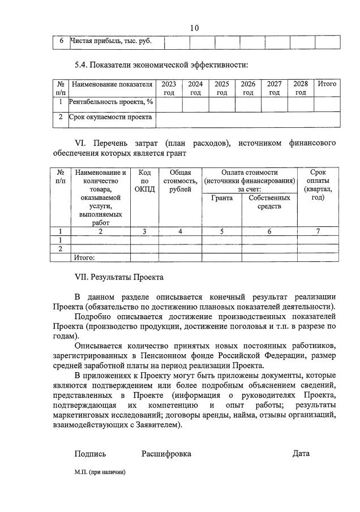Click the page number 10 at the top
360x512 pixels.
[x=195, y=28]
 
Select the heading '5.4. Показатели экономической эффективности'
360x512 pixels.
[x=161, y=65]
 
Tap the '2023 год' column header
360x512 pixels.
[x=169, y=88]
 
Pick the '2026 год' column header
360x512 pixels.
[x=248, y=88]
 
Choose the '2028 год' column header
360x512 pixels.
[x=301, y=88]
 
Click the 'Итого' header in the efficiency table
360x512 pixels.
[x=327, y=84]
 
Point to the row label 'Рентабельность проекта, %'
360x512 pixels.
[x=111, y=102]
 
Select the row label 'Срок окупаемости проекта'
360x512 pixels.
[x=110, y=118]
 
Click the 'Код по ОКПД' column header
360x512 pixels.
[x=144, y=181]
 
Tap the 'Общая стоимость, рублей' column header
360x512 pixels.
[x=181, y=181]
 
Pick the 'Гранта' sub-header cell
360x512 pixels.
[x=222, y=198]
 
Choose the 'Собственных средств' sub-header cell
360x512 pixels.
[x=269, y=202]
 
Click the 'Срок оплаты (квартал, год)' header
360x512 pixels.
[x=318, y=185]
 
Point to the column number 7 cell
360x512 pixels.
[x=318, y=231]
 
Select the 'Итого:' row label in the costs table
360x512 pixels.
[x=84, y=257]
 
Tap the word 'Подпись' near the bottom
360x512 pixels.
[x=90, y=454]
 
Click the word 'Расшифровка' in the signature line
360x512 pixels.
[x=166, y=454]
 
